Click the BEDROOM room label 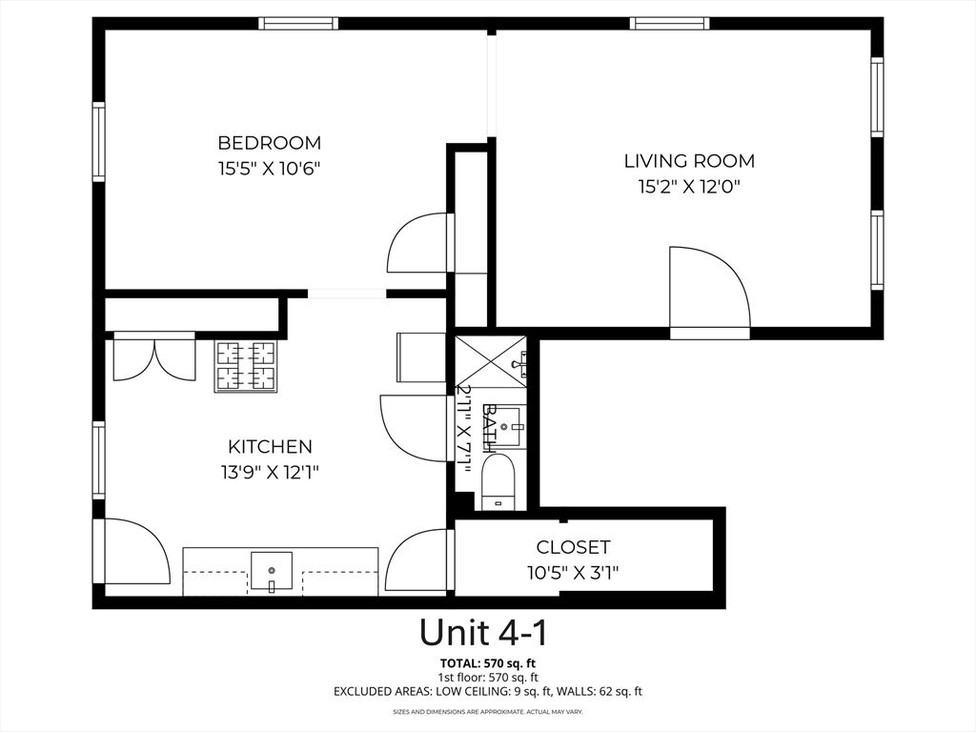[270, 143]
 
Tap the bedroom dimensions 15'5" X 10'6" [270, 169]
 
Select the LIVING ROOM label [689, 161]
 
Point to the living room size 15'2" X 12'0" [689, 187]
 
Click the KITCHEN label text [270, 446]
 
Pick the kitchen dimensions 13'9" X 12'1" [270, 472]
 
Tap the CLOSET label [573, 547]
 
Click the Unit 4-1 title [483, 632]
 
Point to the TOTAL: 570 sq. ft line [487, 663]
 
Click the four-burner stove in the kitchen [246, 366]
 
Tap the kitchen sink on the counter [272, 570]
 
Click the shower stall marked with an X [489, 360]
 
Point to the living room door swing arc [709, 286]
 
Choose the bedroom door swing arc [417, 244]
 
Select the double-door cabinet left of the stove [153, 357]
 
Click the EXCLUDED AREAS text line [487, 691]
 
